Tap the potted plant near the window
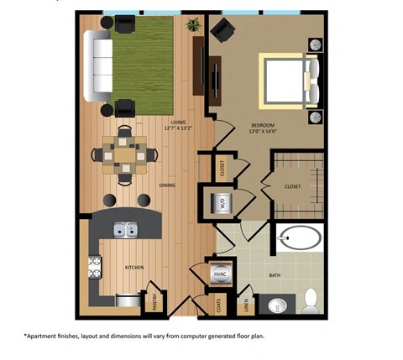point(195,24)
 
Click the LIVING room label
point(177,123)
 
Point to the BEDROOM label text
point(262,125)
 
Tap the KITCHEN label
point(134,267)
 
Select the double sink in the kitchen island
point(127,228)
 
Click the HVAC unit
point(220,274)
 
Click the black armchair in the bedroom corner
point(222,32)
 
